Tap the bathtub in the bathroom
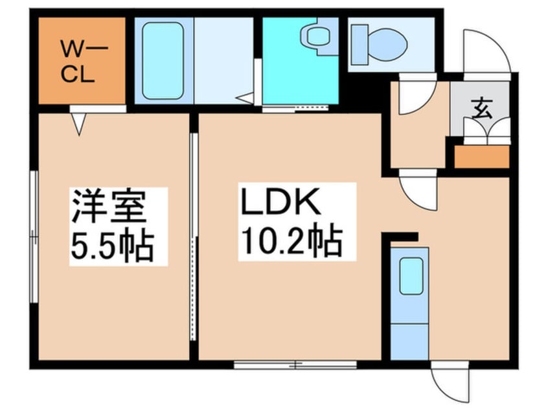pyautogui.click(x=163, y=60)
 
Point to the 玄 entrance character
pyautogui.click(x=481, y=108)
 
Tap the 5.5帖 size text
pyautogui.click(x=111, y=244)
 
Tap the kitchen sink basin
pyautogui.click(x=411, y=276)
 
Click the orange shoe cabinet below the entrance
pyautogui.click(x=481, y=157)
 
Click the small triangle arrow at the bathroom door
pyautogui.click(x=245, y=99)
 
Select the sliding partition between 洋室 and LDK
pyautogui.click(x=193, y=237)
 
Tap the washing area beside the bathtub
pyautogui.click(x=223, y=60)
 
